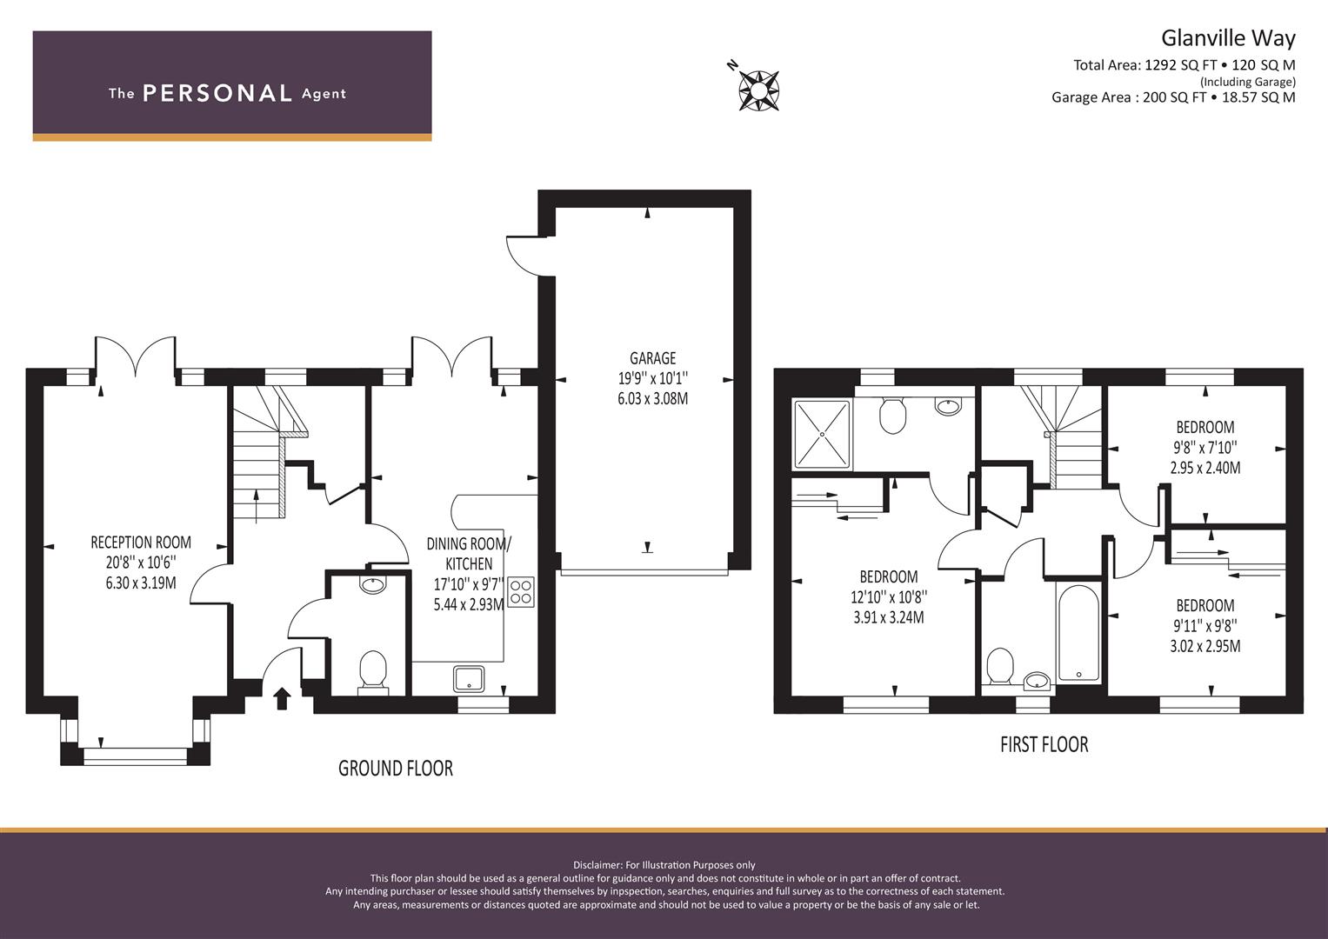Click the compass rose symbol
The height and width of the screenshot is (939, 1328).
tap(758, 90)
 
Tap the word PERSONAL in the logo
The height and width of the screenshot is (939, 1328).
tap(217, 94)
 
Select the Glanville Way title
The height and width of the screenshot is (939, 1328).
tap(1228, 38)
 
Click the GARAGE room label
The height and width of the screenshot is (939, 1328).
tap(653, 358)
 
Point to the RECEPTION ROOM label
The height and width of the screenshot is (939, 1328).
tap(141, 543)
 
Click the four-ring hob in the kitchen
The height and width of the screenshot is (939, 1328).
tap(521, 591)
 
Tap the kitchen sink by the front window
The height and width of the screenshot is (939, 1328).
tap(469, 679)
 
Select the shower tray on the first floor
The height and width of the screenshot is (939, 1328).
tap(822, 434)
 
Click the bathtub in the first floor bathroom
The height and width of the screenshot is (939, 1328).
tap(1078, 633)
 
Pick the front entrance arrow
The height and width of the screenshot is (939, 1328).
tap(282, 698)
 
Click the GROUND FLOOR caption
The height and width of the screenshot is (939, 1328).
tap(396, 769)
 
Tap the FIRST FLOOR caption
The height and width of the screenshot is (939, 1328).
tap(1044, 744)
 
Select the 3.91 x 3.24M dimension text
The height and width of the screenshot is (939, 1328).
tap(889, 617)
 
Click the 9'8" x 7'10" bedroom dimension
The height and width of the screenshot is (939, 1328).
tap(1205, 447)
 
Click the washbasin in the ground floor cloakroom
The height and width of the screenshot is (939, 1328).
tap(372, 584)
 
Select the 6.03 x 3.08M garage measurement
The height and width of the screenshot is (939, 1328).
tap(653, 398)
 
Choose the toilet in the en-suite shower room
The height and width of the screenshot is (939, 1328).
tap(892, 415)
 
